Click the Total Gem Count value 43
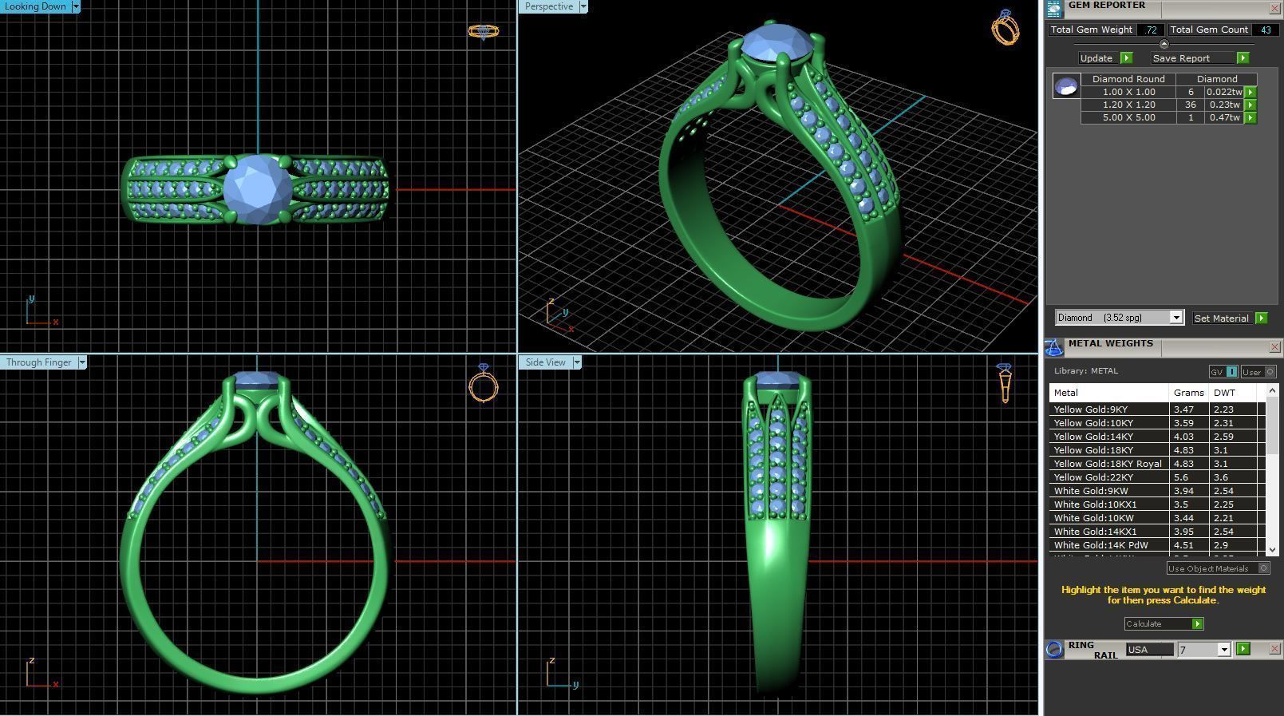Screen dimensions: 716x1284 (1266, 30)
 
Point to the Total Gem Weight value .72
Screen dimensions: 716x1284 (1150, 30)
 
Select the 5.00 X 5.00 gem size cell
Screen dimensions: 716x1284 (1128, 117)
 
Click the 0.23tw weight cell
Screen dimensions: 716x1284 (1224, 105)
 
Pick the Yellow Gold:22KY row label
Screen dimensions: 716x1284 (1093, 477)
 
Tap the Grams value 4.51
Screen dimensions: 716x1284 (1183, 545)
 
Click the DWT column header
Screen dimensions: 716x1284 (1224, 393)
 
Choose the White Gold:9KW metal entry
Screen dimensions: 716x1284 (1091, 491)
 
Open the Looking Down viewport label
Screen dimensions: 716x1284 (36, 6)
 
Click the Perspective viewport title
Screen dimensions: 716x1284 (549, 6)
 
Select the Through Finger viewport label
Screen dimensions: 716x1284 (39, 362)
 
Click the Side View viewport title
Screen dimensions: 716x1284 (546, 362)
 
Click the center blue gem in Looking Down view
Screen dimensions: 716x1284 (258, 189)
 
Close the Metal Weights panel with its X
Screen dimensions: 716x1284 (1274, 347)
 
